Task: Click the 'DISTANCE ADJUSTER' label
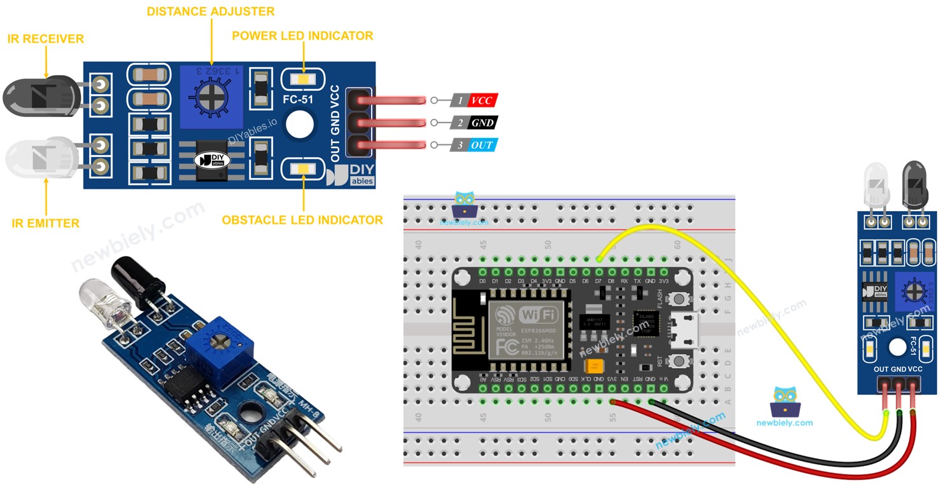(210, 11)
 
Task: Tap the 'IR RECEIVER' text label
(45, 39)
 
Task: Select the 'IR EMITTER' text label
(45, 223)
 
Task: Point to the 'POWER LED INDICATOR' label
(302, 36)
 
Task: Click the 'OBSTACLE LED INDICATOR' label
(302, 220)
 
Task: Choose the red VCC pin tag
(481, 100)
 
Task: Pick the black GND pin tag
(482, 123)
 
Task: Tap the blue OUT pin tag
(481, 146)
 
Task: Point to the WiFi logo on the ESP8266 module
(539, 314)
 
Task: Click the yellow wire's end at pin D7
(599, 259)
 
